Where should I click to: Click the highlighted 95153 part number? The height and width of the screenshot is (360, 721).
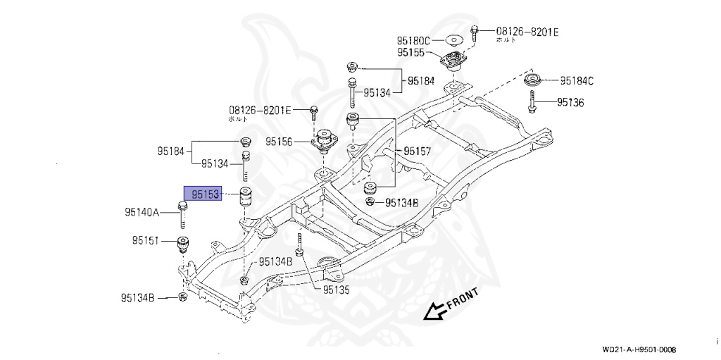pos(203,193)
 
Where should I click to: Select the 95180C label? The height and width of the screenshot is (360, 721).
pos(413,40)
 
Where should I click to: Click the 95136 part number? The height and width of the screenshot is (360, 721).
pos(570,103)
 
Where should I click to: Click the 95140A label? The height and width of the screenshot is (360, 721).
pos(142,211)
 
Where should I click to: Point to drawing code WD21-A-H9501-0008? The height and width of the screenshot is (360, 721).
pos(639,350)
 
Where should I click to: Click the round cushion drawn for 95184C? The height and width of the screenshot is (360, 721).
pos(534,79)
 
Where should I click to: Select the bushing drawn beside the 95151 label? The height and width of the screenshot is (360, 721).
pos(184,245)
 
